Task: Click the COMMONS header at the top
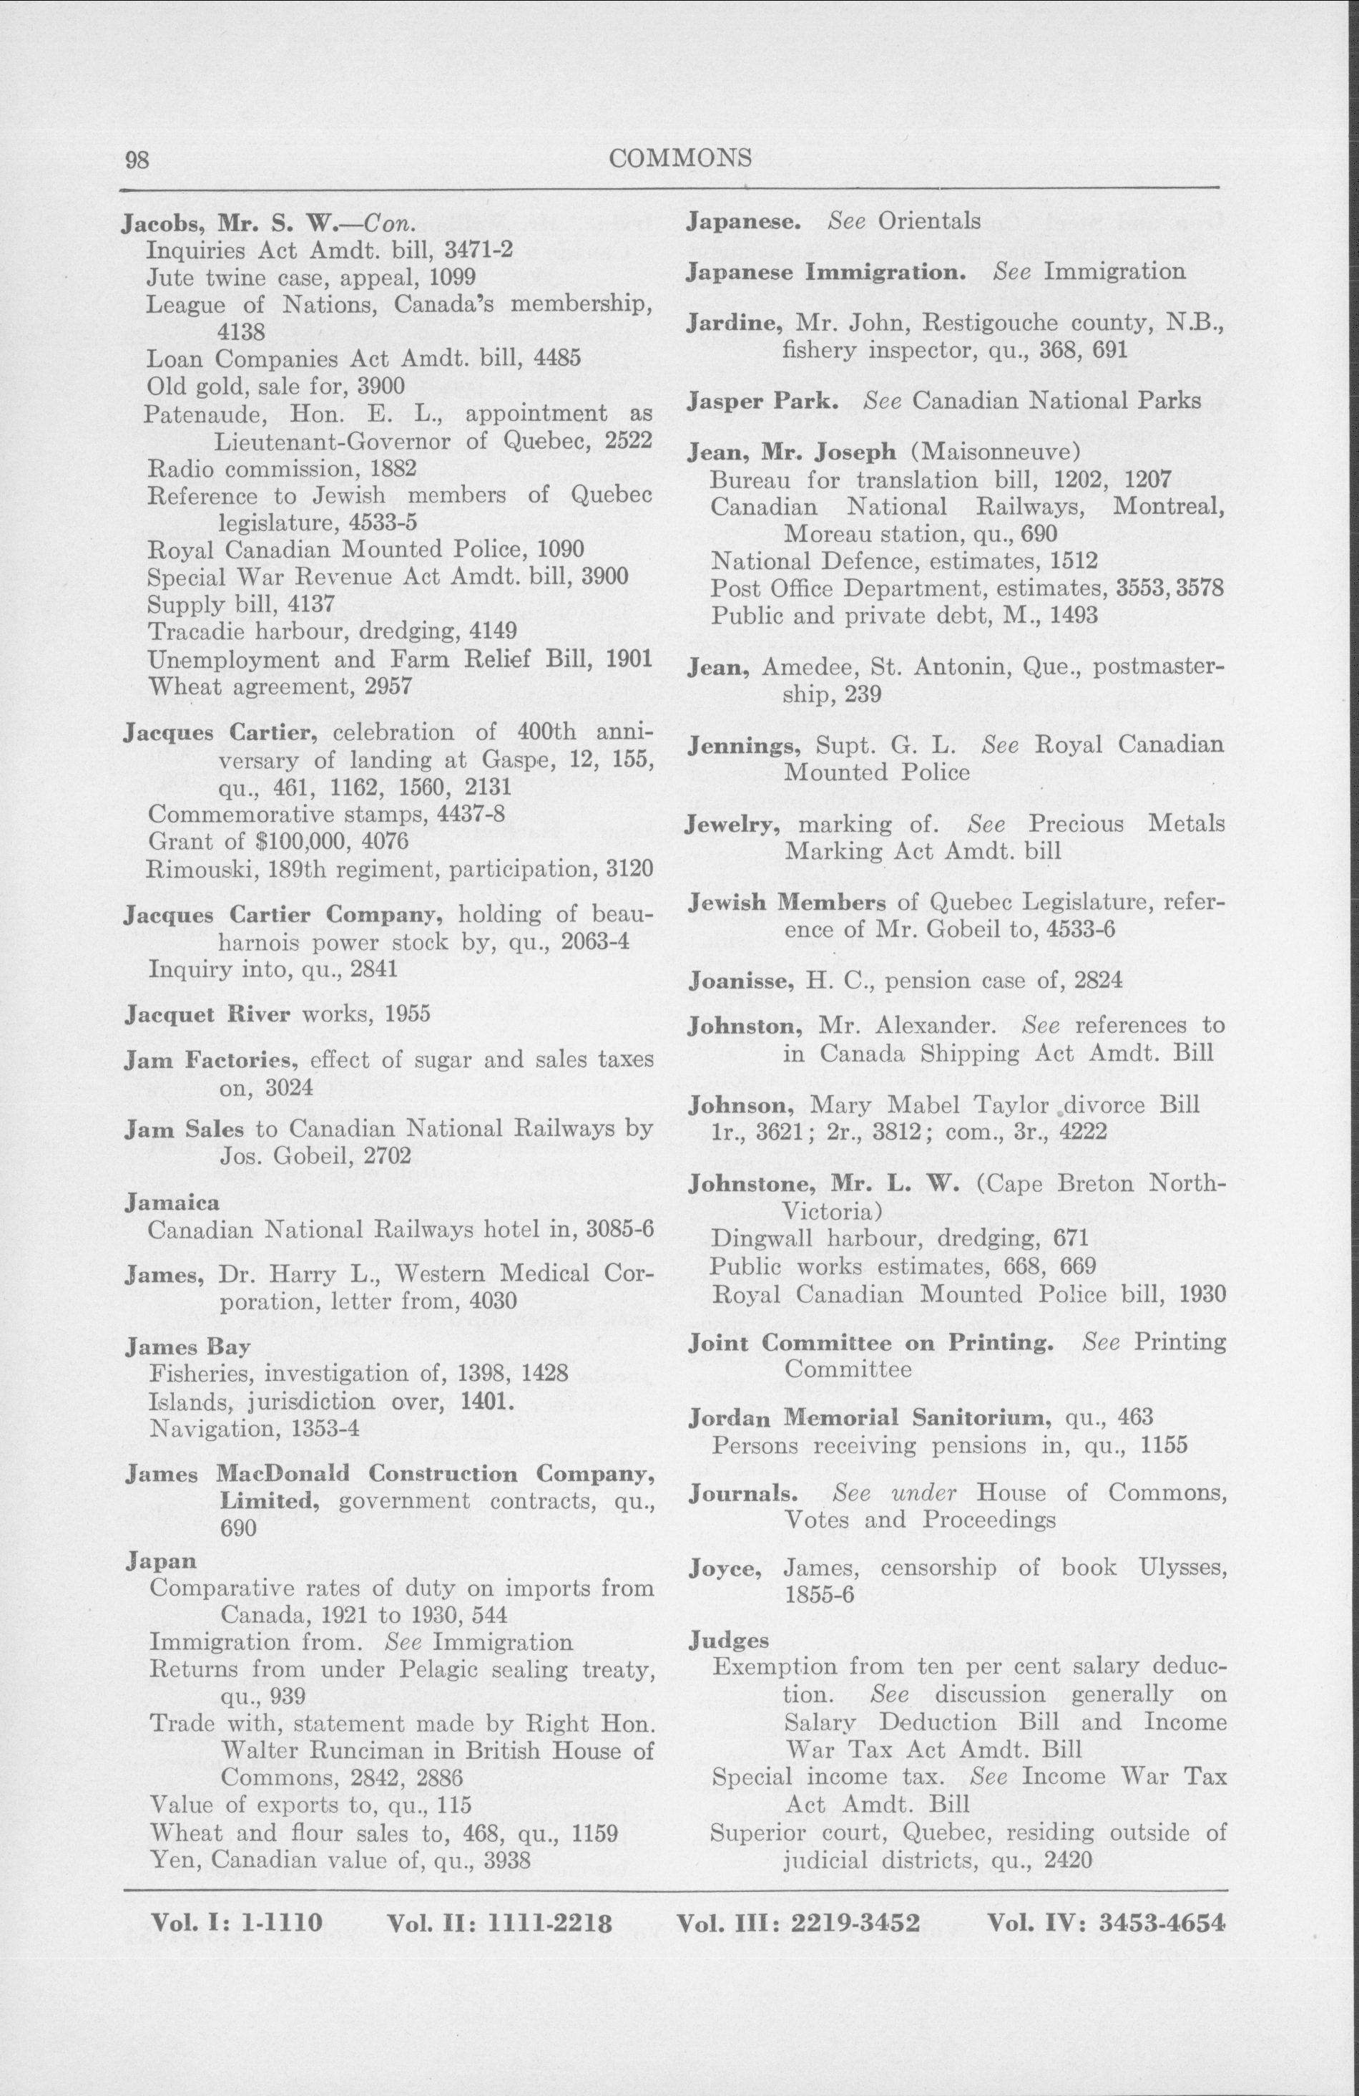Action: pyautogui.click(x=679, y=157)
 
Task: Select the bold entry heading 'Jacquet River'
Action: pyautogui.click(x=207, y=1014)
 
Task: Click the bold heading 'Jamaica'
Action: pyautogui.click(x=172, y=1201)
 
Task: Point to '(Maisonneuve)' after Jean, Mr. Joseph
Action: pyautogui.click(x=996, y=452)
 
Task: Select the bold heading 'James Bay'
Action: pyautogui.click(x=187, y=1347)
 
